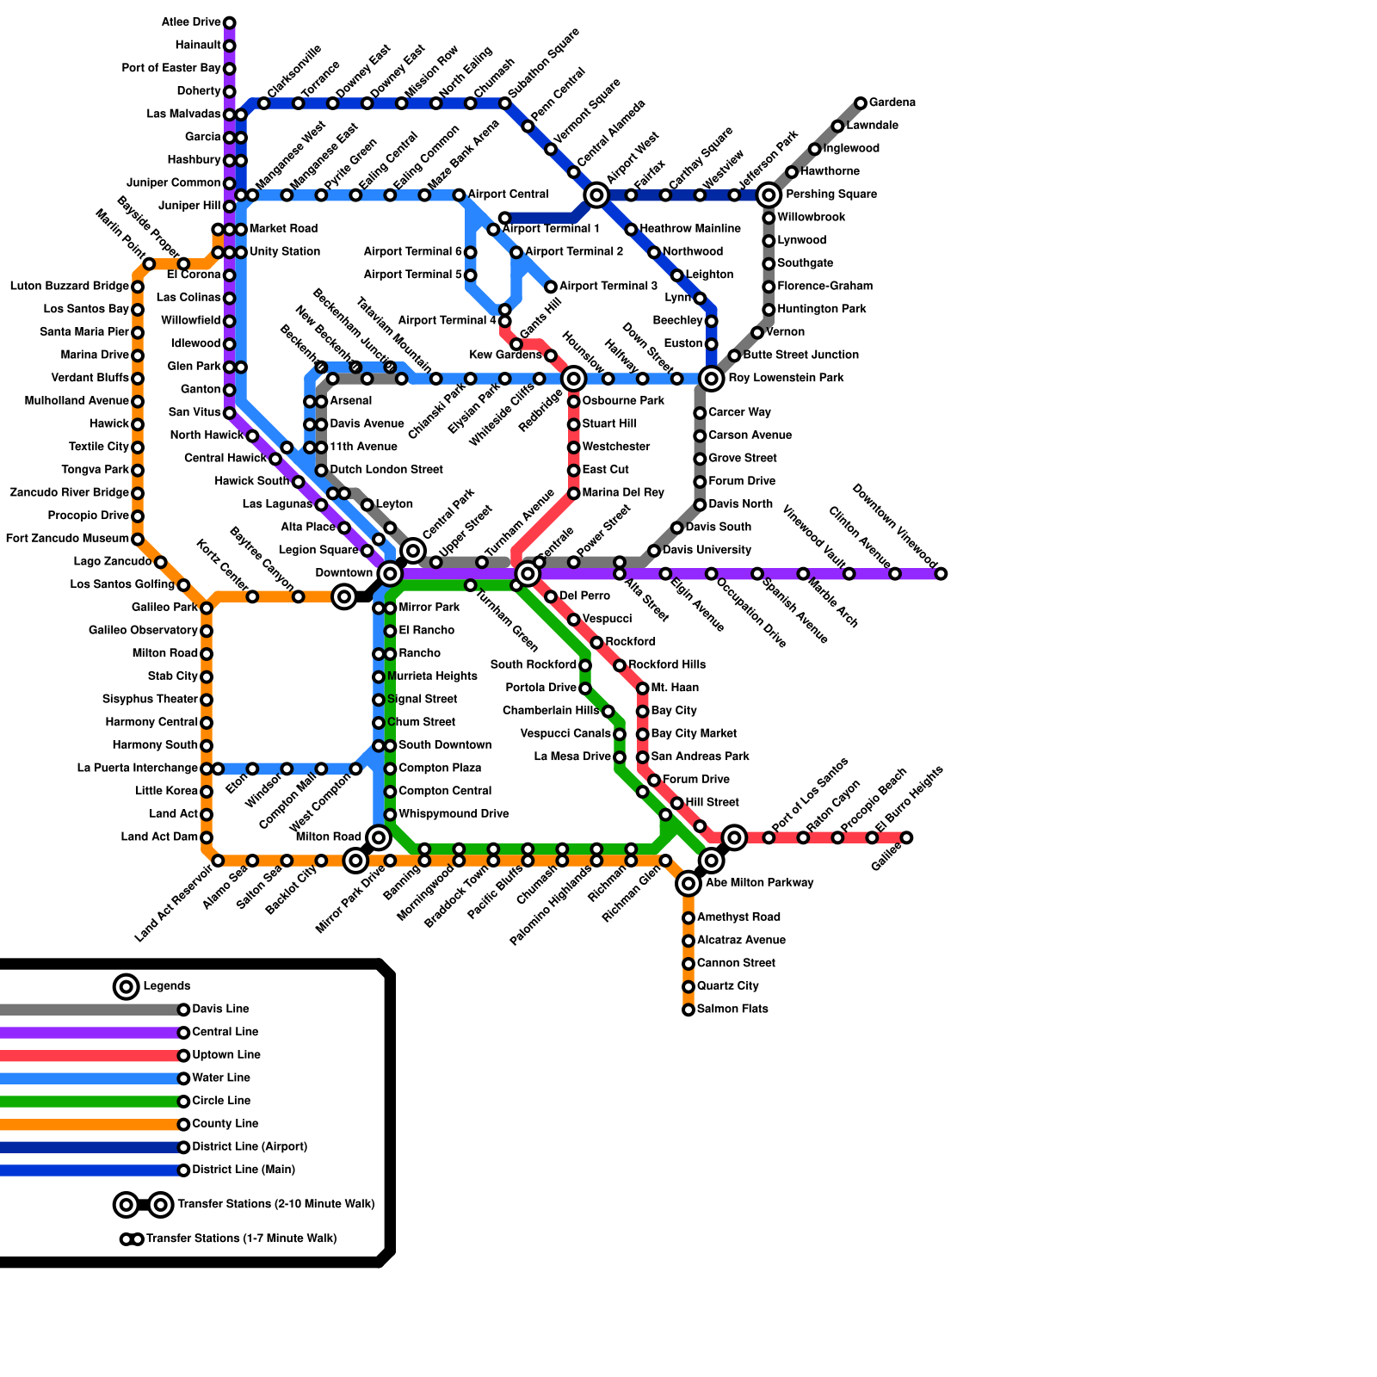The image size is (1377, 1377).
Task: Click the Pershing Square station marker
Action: (769, 195)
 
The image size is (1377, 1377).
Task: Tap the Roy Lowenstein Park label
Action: (785, 378)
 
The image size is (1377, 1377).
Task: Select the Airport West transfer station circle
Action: (596, 195)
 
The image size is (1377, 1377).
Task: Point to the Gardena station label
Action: (892, 102)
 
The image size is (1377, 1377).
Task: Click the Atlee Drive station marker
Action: (230, 22)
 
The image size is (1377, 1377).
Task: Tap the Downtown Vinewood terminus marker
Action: (941, 573)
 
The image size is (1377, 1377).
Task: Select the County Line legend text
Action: (225, 1123)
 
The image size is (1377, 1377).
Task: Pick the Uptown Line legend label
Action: (225, 1054)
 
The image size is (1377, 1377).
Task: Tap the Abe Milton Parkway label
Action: (759, 882)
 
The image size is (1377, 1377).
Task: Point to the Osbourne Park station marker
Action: (574, 402)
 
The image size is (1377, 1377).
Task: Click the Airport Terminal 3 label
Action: (608, 286)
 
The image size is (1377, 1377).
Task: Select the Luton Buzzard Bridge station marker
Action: (138, 287)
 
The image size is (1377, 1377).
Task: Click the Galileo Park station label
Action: (164, 607)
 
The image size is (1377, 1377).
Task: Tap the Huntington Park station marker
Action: (769, 310)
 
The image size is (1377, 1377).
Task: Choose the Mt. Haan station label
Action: (675, 688)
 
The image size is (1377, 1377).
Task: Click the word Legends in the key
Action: (166, 985)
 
